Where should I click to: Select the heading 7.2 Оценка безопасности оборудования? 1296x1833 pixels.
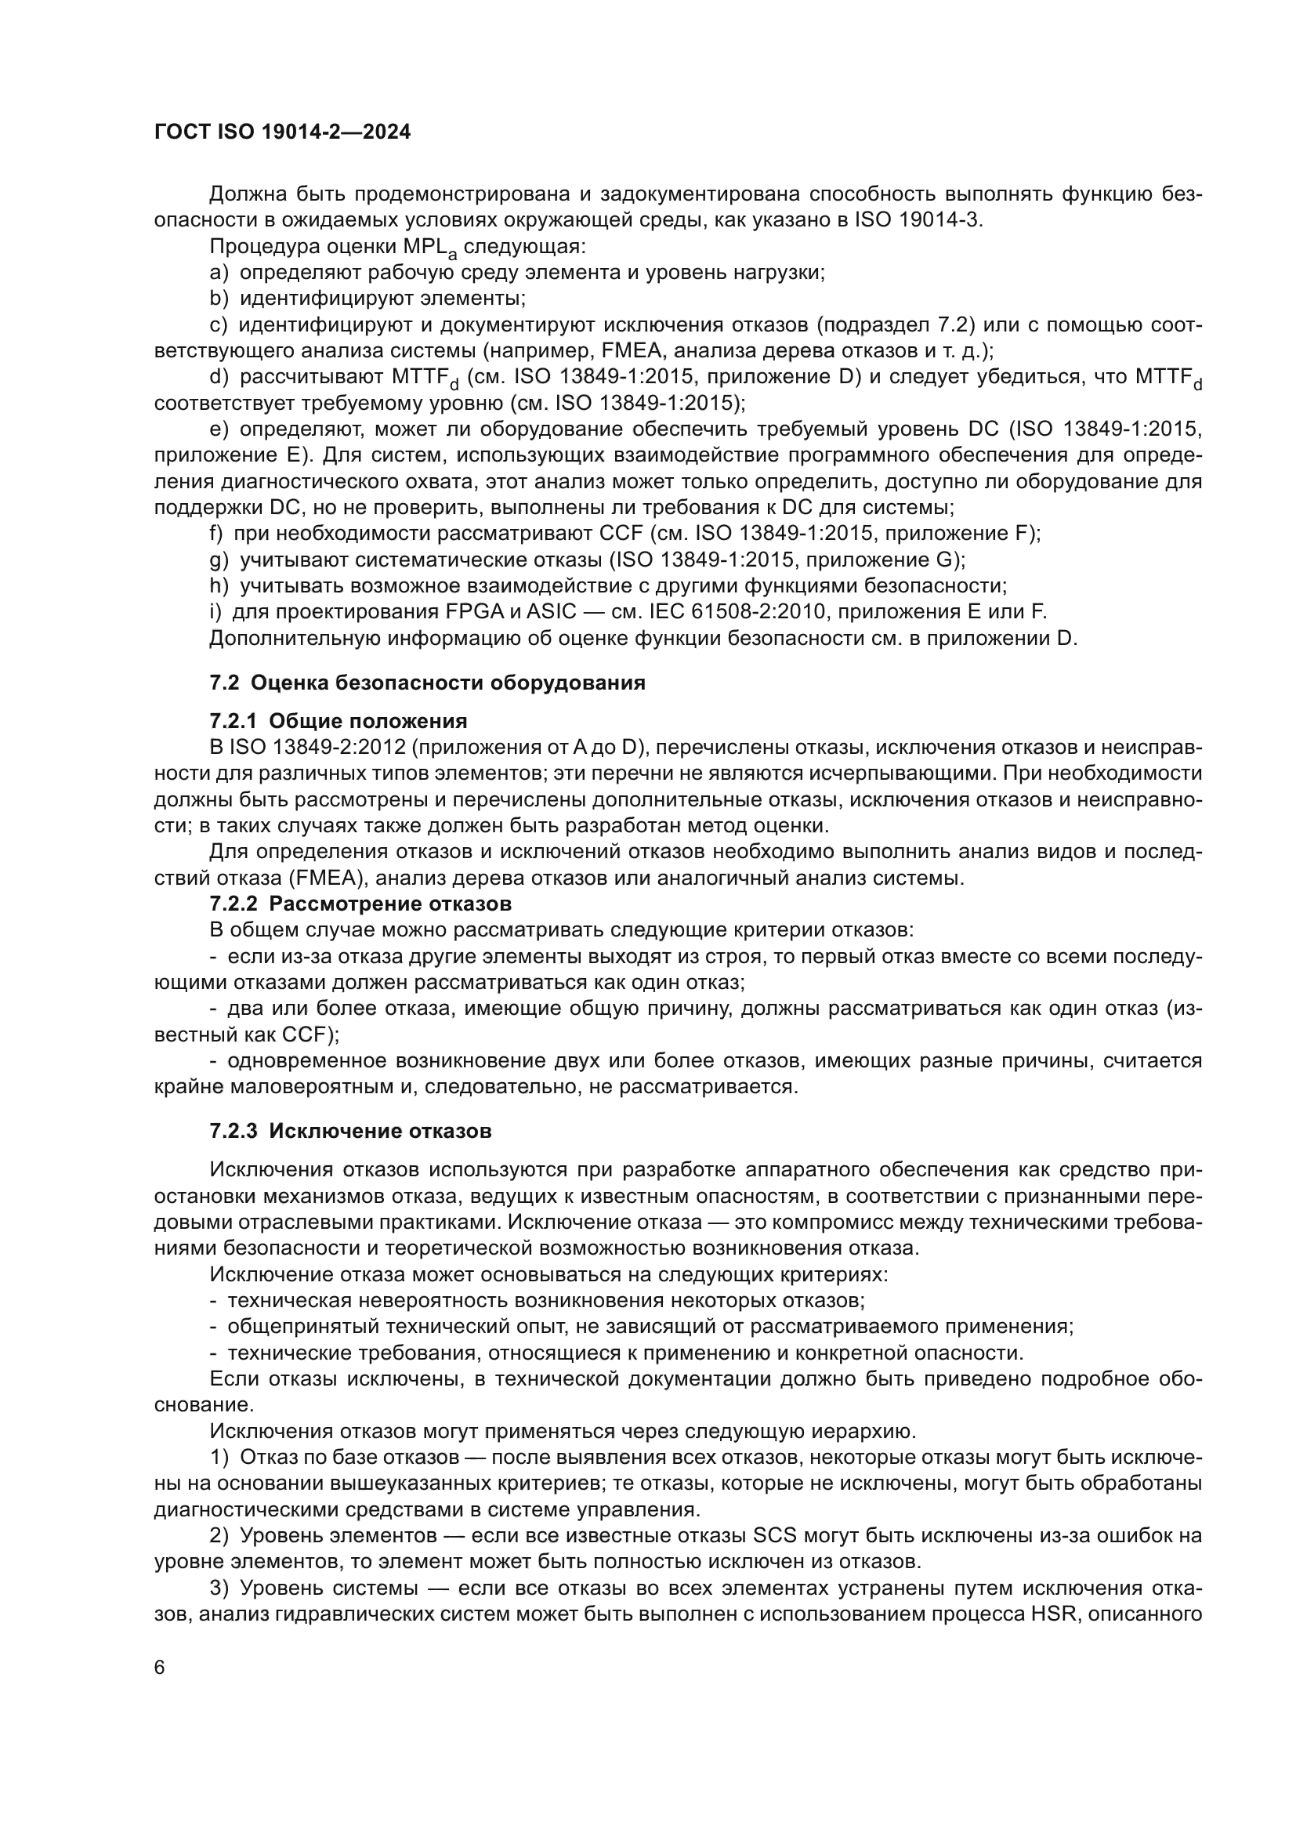click(428, 683)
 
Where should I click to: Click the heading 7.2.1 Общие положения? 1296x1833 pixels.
click(338, 722)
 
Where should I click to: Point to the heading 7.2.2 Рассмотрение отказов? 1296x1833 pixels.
click(360, 904)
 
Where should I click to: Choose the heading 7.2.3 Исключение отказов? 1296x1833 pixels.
click(350, 1132)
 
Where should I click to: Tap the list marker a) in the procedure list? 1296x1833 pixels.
click(219, 273)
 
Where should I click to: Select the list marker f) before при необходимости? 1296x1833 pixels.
click(215, 534)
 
